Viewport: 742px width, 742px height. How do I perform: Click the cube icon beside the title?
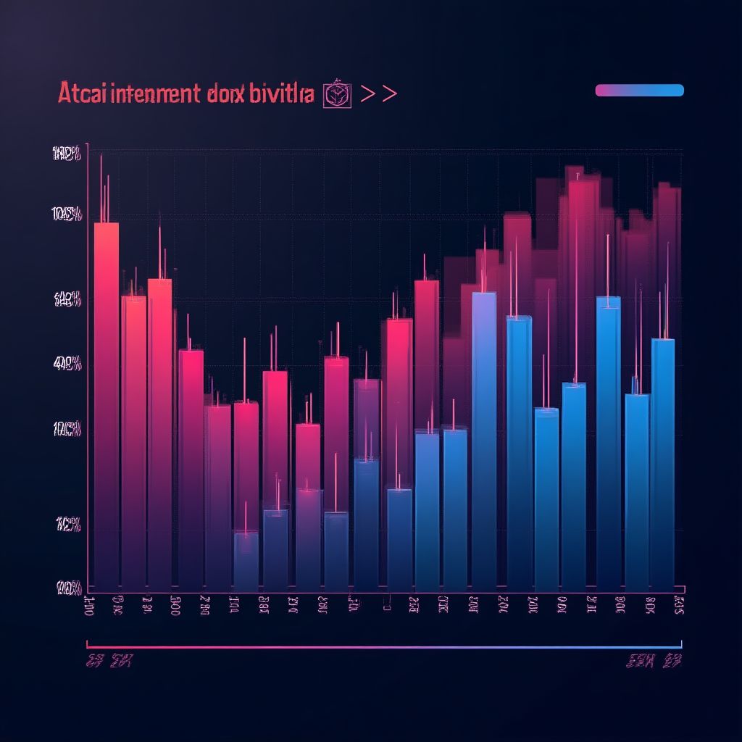click(337, 95)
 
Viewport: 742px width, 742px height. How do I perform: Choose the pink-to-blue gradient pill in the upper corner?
click(639, 90)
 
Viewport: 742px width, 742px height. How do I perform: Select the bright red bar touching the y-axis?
click(107, 399)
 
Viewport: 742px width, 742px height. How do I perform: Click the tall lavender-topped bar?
click(484, 435)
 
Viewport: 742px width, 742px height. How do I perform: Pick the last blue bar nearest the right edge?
click(662, 464)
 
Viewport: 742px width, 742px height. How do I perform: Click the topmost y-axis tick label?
click(66, 153)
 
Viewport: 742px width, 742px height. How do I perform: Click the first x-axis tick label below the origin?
click(86, 605)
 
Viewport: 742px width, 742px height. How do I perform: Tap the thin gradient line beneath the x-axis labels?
click(384, 644)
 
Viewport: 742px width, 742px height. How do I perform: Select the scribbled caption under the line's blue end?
click(654, 661)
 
